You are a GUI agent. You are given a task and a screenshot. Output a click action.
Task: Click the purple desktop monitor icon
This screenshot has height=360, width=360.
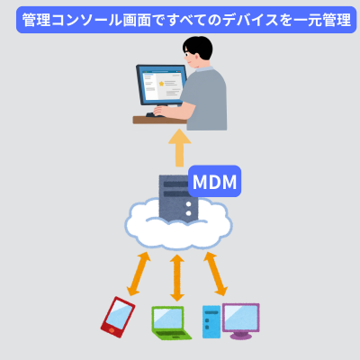coord(240,317)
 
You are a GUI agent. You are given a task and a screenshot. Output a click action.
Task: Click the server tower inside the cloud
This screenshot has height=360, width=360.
coord(176,198)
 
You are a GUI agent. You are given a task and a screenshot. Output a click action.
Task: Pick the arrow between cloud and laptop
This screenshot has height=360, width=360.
coord(177,274)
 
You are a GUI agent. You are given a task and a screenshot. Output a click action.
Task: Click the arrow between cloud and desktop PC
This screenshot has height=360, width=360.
coord(215,273)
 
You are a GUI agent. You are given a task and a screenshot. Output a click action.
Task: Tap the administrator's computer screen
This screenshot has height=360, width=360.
coord(161,85)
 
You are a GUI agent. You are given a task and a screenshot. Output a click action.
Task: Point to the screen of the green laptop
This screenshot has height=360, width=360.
coord(167,318)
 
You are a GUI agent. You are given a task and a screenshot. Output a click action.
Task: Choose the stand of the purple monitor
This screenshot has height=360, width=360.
coord(241,334)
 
